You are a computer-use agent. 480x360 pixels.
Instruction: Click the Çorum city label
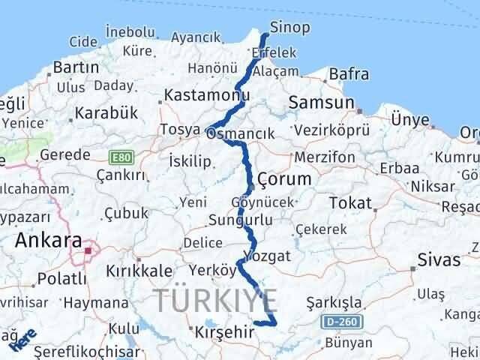click(283, 179)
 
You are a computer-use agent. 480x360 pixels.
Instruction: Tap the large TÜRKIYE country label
click(217, 300)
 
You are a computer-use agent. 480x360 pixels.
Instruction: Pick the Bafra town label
click(349, 74)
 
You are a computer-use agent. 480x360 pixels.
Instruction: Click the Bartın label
click(76, 67)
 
